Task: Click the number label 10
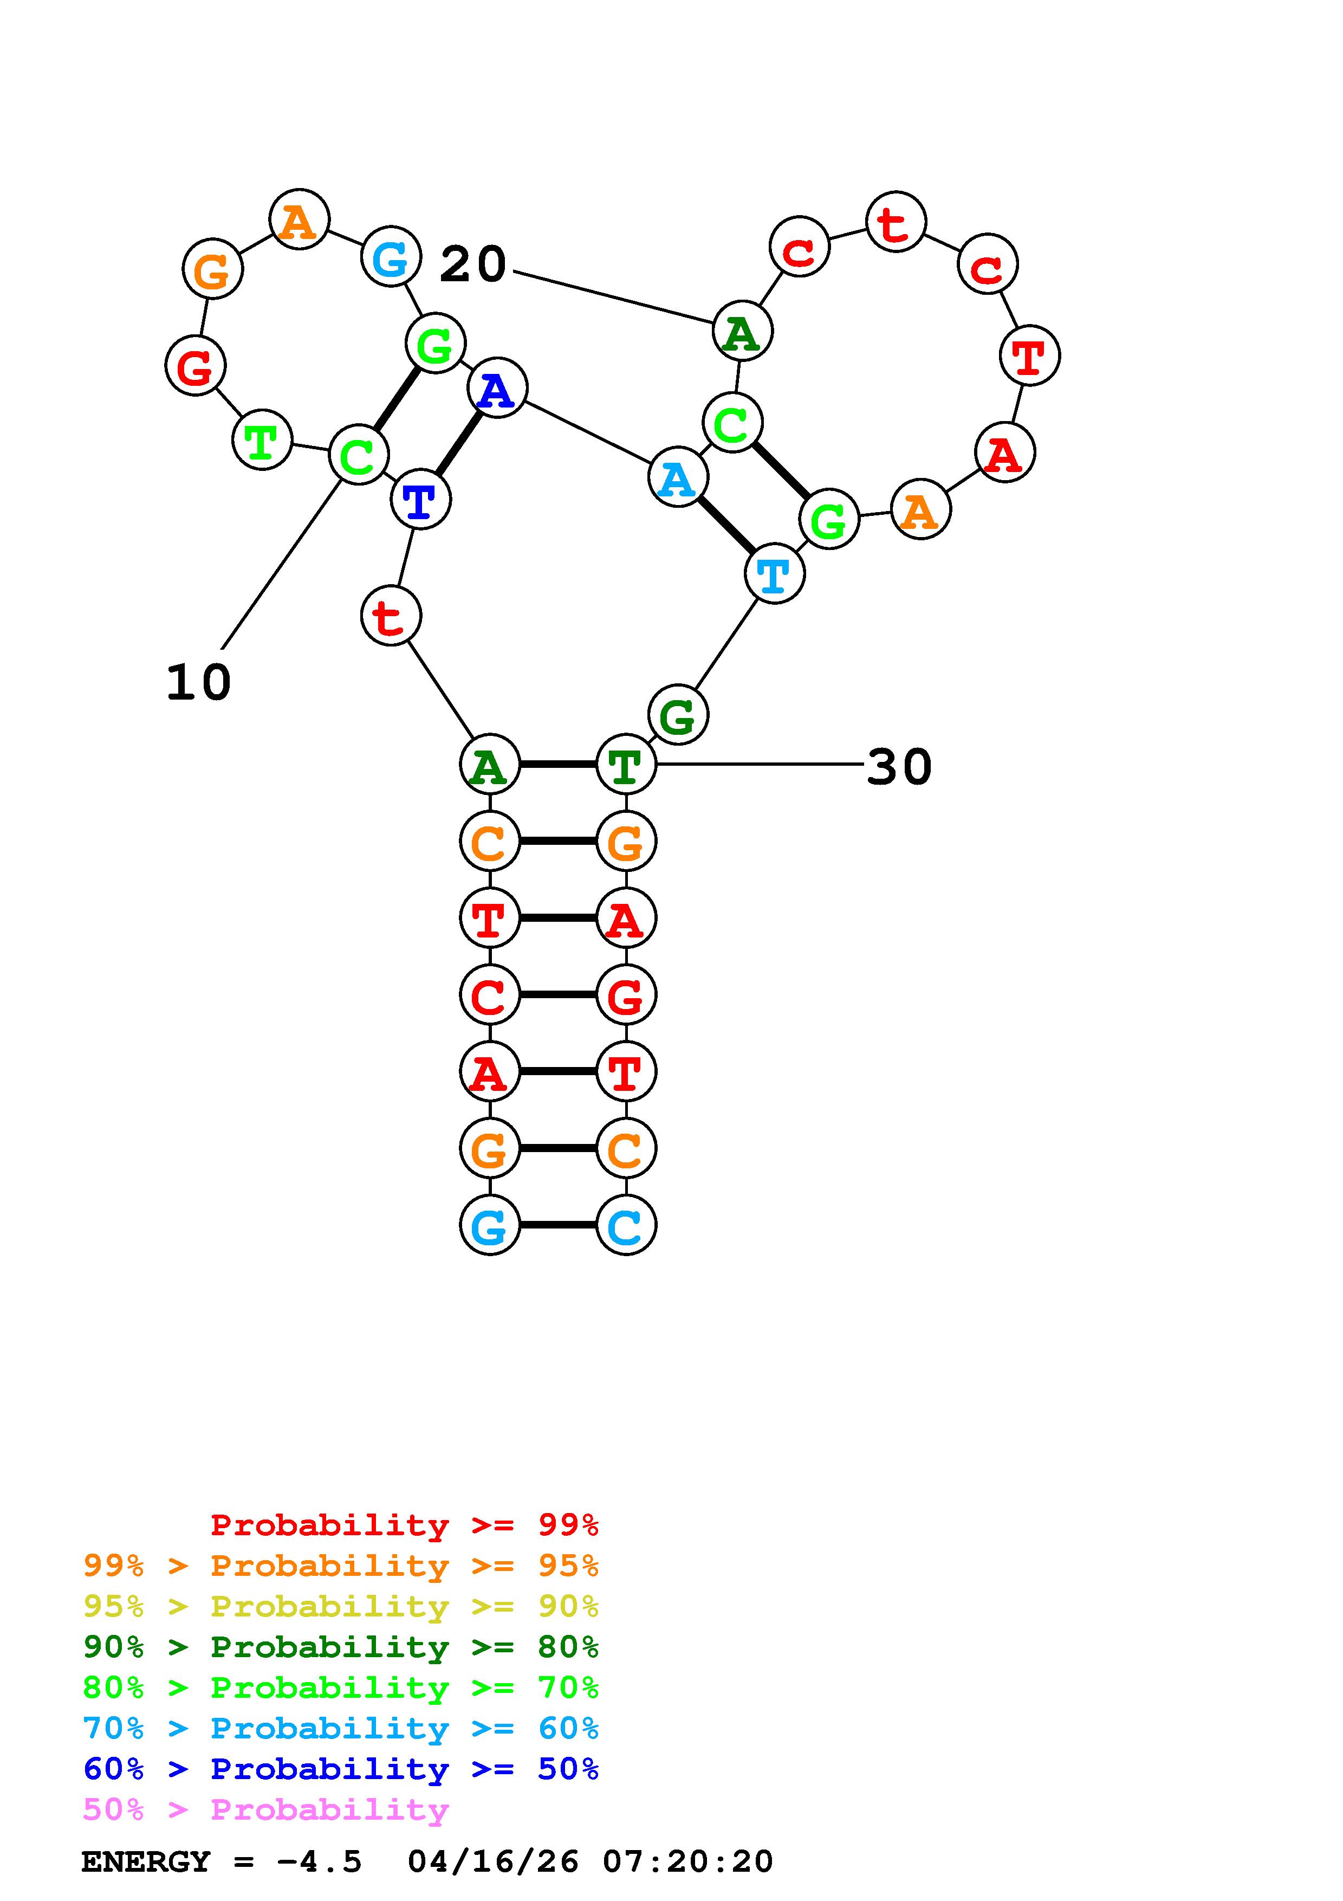[x=199, y=683]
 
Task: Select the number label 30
[x=899, y=767]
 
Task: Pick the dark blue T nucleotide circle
[x=420, y=499]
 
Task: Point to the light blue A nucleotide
[x=678, y=478]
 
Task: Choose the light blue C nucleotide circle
[x=626, y=1225]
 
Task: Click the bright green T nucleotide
[x=262, y=439]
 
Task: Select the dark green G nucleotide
[x=678, y=715]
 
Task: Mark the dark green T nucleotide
[x=626, y=764]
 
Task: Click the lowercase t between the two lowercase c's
[x=896, y=222]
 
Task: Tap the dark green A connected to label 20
[x=742, y=331]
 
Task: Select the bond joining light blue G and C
[x=557, y=1225]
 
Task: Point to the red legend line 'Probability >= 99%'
[x=405, y=1525]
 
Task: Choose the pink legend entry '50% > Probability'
[x=265, y=1810]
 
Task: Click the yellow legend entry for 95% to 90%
[x=341, y=1606]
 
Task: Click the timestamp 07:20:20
[x=687, y=1862]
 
